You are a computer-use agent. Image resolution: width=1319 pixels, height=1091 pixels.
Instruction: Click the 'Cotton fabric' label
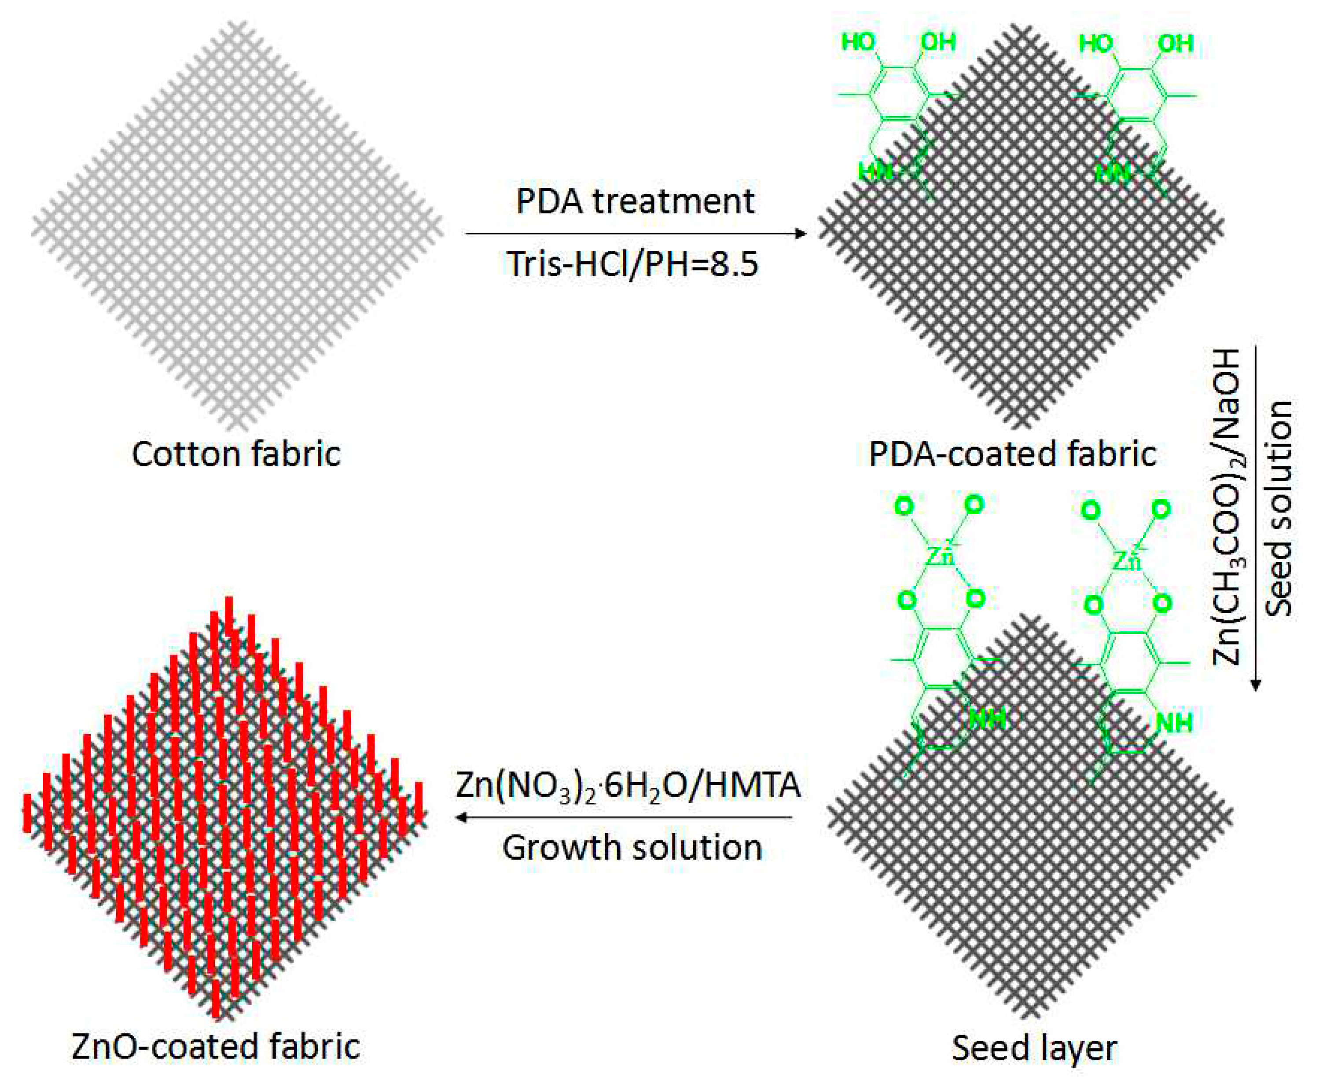(x=236, y=454)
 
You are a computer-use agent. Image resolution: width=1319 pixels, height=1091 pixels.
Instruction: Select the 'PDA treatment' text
(x=635, y=201)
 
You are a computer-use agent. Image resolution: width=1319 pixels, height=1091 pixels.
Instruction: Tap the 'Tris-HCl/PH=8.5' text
(x=633, y=264)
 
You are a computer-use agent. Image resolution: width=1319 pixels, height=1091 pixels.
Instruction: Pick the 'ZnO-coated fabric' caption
(x=216, y=1047)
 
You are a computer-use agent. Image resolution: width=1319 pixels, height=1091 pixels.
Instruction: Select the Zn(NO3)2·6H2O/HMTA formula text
(x=628, y=785)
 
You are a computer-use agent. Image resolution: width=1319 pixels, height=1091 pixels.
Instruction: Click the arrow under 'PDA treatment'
(x=636, y=234)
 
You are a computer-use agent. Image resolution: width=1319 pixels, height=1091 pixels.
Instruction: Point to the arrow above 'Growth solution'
(x=625, y=817)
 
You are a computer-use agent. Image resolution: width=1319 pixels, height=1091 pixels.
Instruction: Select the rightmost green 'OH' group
(x=1175, y=43)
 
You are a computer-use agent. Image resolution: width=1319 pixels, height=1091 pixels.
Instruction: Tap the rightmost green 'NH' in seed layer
(x=1174, y=722)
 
